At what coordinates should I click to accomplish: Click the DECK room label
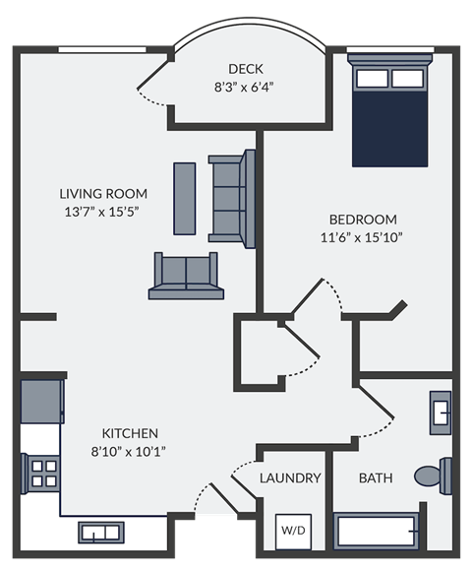pos(245,68)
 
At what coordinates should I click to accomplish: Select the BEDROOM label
pos(363,219)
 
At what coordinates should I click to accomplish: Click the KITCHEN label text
pos(130,433)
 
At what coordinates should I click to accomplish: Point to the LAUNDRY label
pos(290,478)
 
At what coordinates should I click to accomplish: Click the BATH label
pos(376,478)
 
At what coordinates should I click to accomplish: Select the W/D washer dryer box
pos(293,529)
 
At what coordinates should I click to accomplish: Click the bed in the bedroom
pos(390,110)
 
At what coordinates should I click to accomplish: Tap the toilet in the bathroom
pos(434,476)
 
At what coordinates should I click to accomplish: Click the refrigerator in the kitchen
pos(41,400)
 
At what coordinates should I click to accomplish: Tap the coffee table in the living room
pos(185,198)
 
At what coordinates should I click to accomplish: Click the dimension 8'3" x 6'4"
pos(244,86)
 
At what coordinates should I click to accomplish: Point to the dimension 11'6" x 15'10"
pos(362,236)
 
